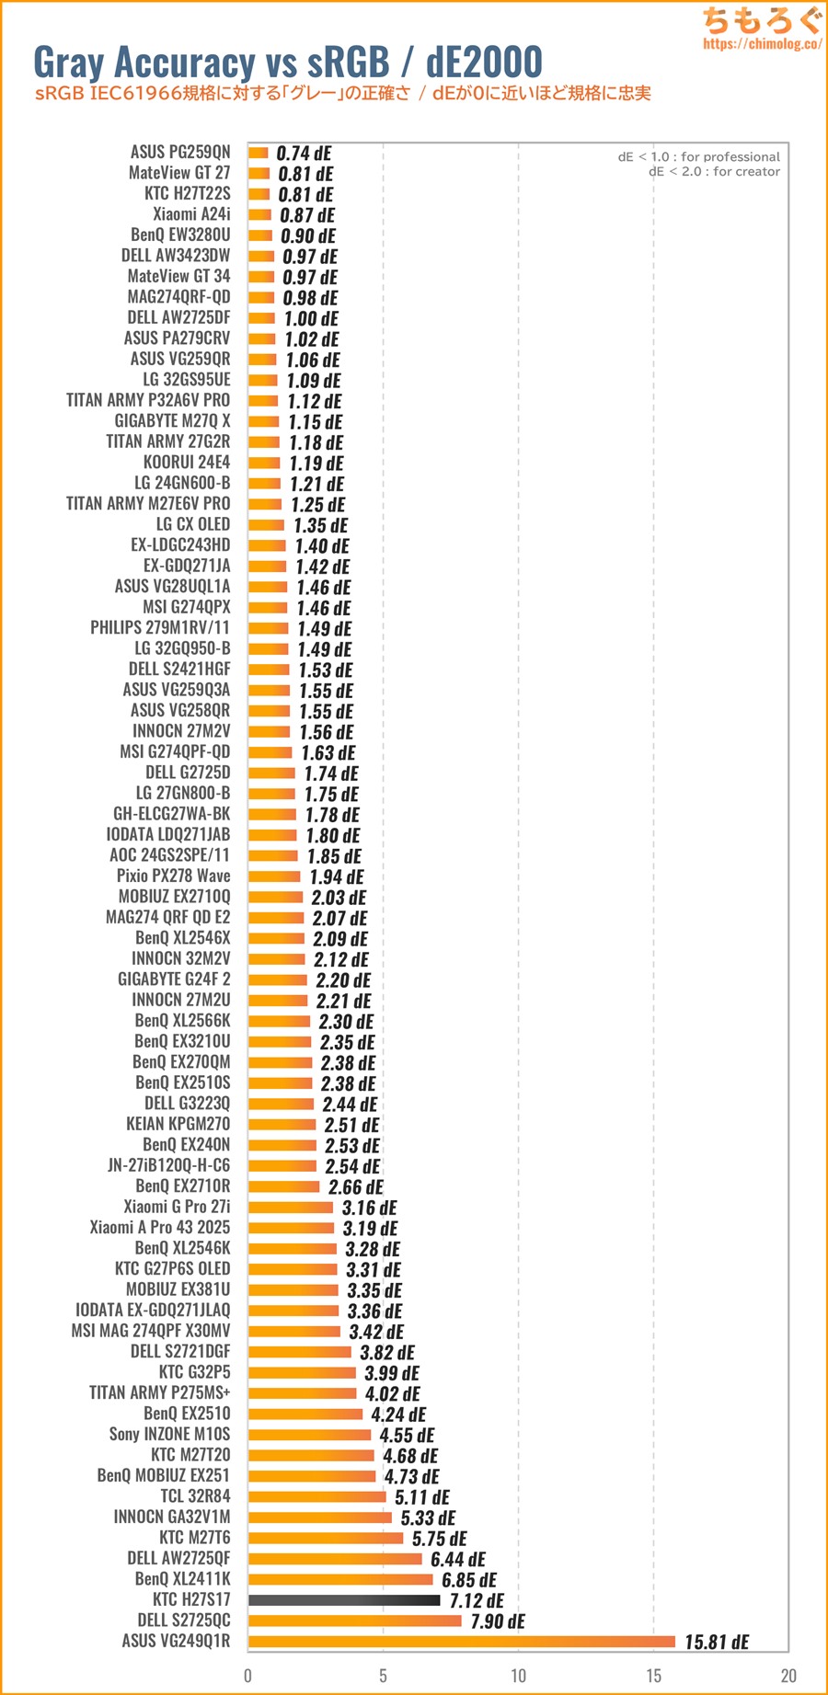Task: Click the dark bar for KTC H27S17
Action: pos(344,1600)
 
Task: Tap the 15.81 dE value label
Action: pos(717,1643)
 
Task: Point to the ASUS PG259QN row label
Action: pos(180,152)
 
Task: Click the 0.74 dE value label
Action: pos(304,154)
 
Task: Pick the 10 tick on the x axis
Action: pos(519,1676)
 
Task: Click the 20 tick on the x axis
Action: pos(788,1676)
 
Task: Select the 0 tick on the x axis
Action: pos(248,1676)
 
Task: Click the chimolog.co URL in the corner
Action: pos(762,43)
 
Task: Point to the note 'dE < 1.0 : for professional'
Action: pos(698,157)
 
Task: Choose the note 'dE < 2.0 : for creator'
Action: pos(714,172)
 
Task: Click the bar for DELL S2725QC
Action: pos(354,1621)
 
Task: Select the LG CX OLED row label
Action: pos(193,524)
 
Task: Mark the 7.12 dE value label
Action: pos(477,1601)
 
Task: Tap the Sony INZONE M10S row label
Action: pos(169,1435)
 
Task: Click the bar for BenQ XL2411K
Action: pos(340,1579)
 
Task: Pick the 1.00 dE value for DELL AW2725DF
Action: pos(311,319)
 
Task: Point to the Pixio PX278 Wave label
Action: pos(173,876)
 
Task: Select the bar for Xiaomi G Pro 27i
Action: pos(291,1207)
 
